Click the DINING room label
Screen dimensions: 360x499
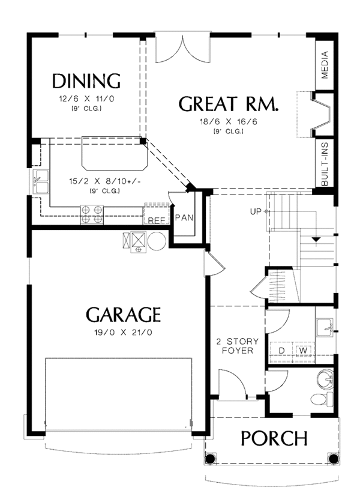[x=86, y=81]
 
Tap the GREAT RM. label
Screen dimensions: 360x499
[x=229, y=103]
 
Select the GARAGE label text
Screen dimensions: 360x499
[x=123, y=315]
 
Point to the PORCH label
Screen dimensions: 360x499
[x=274, y=438]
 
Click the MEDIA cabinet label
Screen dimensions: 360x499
[x=325, y=65]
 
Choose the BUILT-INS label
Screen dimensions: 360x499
[x=325, y=163]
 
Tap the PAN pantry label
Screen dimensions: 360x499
[x=184, y=218]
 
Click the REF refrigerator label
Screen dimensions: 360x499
[x=157, y=220]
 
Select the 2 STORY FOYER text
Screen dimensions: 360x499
[x=237, y=346]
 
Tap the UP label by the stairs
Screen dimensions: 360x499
[x=256, y=211]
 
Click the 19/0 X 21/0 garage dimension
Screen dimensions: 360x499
[x=123, y=333]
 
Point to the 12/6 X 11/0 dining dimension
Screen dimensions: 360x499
[x=86, y=98]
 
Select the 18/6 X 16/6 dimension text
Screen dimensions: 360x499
[x=229, y=121]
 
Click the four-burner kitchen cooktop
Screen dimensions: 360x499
[x=92, y=214]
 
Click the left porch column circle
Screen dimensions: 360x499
[x=210, y=459]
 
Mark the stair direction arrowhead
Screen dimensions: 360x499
[x=316, y=240]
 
